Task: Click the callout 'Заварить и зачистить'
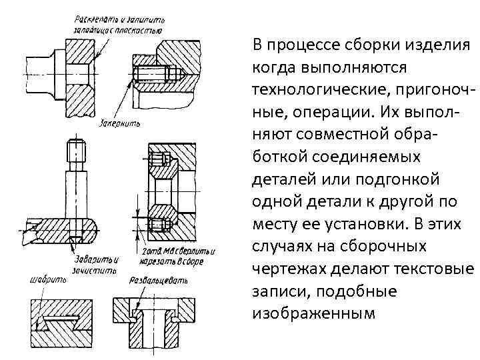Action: tap(96, 265)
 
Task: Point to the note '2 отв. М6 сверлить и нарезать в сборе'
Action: tap(170, 256)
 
